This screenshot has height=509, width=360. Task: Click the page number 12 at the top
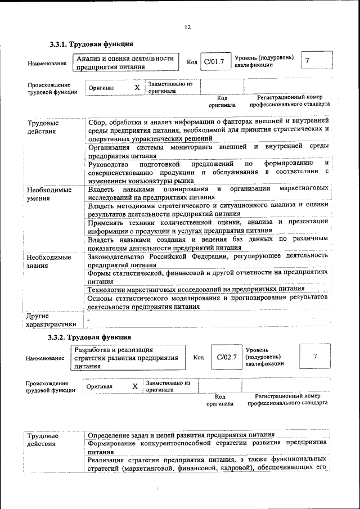[187, 27]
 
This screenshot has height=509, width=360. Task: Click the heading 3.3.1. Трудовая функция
[91, 44]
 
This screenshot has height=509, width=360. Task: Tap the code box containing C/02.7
[227, 357]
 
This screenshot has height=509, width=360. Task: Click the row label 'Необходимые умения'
[49, 193]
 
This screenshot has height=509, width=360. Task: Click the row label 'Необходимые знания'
[49, 262]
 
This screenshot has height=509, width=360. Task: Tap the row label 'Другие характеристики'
[51, 319]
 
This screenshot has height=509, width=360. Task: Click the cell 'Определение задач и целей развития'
[181, 434]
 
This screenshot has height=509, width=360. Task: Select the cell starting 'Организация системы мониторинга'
[208, 151]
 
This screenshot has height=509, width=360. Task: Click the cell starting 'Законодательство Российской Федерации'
[208, 260]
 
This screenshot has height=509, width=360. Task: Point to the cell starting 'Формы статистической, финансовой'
[208, 276]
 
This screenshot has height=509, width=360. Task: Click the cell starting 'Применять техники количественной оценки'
[208, 226]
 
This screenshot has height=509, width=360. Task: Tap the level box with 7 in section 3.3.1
[307, 61]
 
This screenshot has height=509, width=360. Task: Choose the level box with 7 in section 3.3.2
[315, 357]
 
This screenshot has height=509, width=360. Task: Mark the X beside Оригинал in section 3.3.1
[137, 88]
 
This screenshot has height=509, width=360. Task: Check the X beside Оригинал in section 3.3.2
[134, 386]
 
